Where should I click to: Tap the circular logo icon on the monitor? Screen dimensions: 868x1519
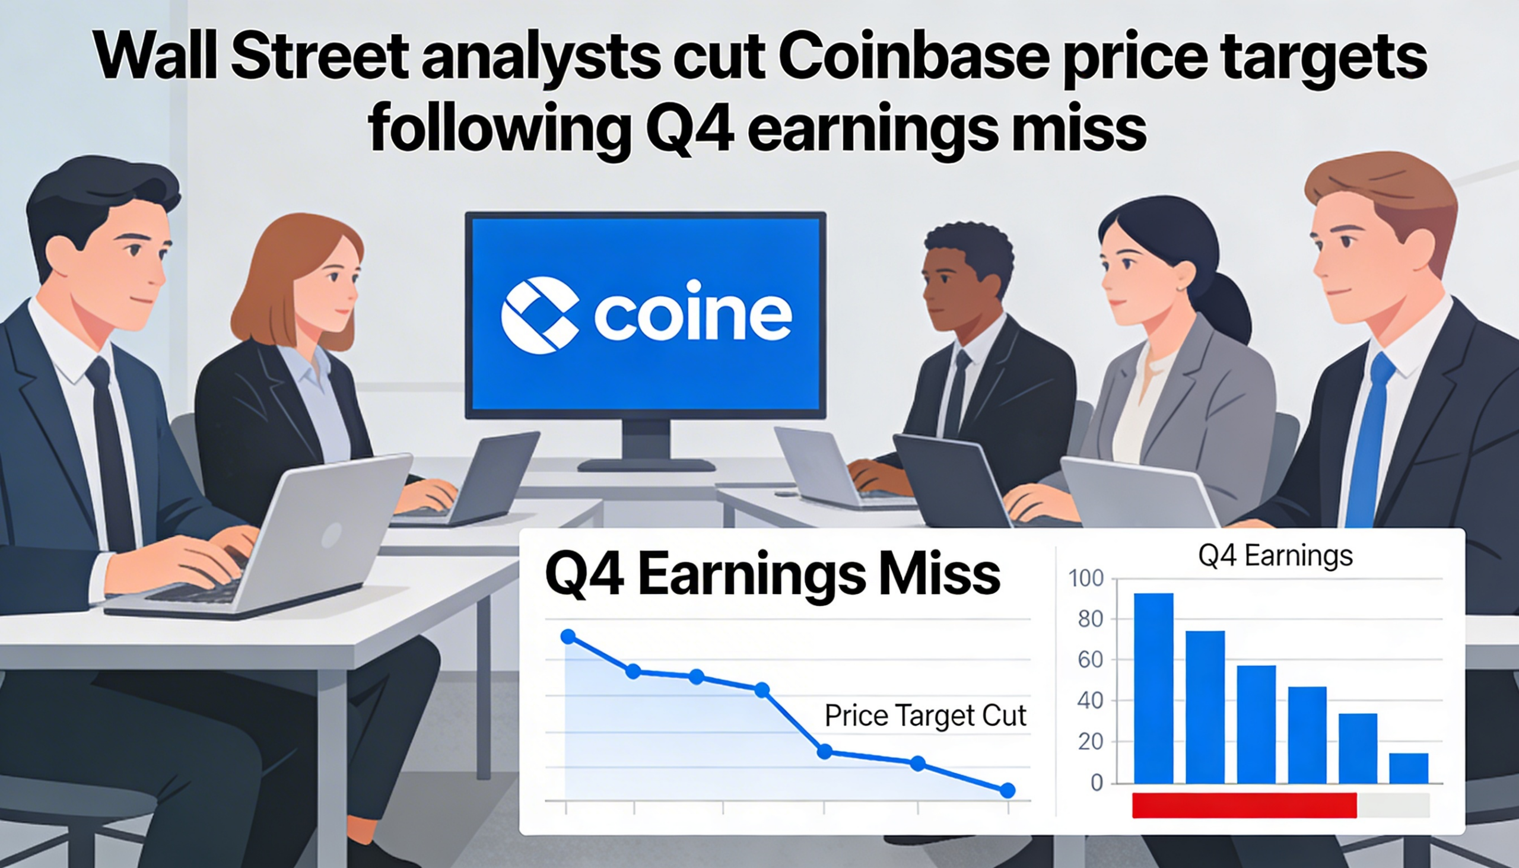pyautogui.click(x=539, y=315)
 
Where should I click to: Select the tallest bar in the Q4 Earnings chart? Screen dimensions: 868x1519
pyautogui.click(x=1153, y=688)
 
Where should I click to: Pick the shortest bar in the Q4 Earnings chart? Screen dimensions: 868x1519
pyautogui.click(x=1409, y=768)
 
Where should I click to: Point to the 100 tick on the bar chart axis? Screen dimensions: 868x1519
pyautogui.click(x=1086, y=578)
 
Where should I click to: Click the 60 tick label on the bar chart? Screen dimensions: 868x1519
pyautogui.click(x=1091, y=660)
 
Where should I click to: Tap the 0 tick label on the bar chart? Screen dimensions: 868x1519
pyautogui.click(x=1097, y=783)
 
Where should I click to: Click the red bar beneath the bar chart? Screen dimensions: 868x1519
pyautogui.click(x=1244, y=805)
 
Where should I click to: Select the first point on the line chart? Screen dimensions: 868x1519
pyautogui.click(x=568, y=637)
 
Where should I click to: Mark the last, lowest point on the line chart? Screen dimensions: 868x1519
pyautogui.click(x=1007, y=790)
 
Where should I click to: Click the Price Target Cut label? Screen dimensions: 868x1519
pyautogui.click(x=925, y=716)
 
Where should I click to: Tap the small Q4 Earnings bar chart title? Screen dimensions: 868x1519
pyautogui.click(x=1275, y=556)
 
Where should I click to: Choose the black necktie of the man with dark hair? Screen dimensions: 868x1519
pyautogui.click(x=112, y=453)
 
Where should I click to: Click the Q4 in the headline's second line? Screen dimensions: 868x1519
pyautogui.click(x=689, y=128)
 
